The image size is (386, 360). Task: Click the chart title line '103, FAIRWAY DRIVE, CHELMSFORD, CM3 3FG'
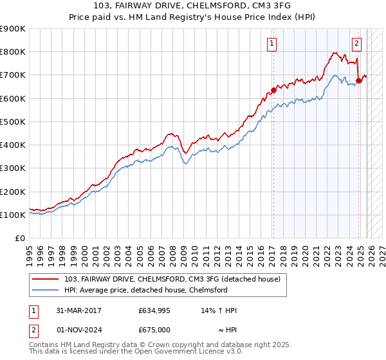[x=192, y=6]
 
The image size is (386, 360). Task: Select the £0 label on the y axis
[x=19, y=239]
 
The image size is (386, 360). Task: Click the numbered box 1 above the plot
[x=272, y=44]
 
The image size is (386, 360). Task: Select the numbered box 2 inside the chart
[x=356, y=44]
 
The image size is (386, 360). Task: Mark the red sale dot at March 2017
[x=273, y=90]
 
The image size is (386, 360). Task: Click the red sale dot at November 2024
[x=358, y=81]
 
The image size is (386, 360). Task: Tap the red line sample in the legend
[x=46, y=280]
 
